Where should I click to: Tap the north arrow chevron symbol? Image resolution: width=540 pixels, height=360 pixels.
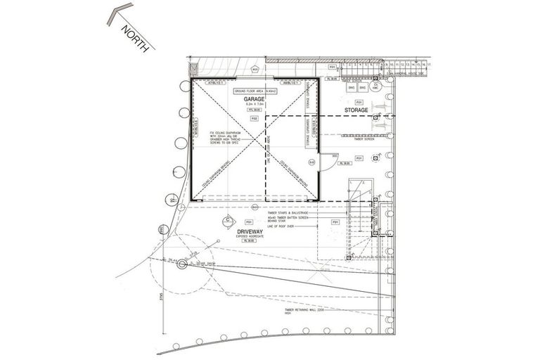[x=116, y=15]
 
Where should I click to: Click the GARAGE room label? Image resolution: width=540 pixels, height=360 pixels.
[x=255, y=100]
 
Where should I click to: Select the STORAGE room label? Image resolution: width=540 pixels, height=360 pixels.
[x=357, y=111]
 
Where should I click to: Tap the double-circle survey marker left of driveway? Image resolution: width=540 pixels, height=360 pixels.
[x=181, y=264]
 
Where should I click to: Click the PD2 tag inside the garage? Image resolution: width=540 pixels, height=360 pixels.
[x=255, y=119]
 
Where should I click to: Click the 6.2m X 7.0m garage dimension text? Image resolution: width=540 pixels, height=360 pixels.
[x=255, y=105]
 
